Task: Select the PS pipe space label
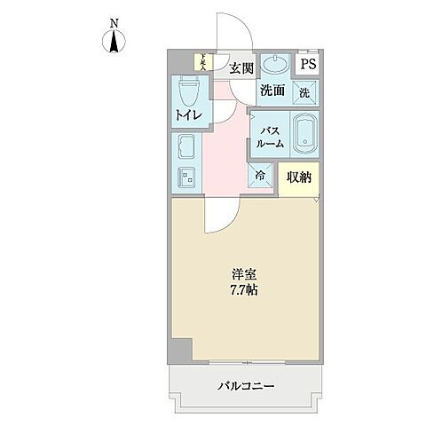click(x=308, y=64)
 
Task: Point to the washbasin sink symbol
click(x=276, y=64)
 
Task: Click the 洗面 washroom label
click(x=272, y=90)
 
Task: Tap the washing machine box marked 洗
click(x=303, y=91)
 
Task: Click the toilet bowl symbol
click(x=188, y=91)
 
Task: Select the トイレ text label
click(x=187, y=116)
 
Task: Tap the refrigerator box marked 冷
click(x=261, y=176)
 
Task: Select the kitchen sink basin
click(x=187, y=147)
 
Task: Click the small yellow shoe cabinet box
click(x=201, y=62)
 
